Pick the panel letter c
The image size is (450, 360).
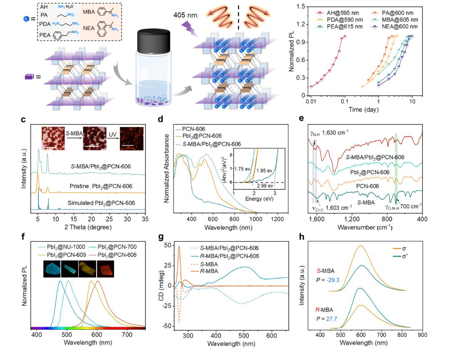(x=23, y=120)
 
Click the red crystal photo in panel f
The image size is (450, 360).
(x=104, y=270)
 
